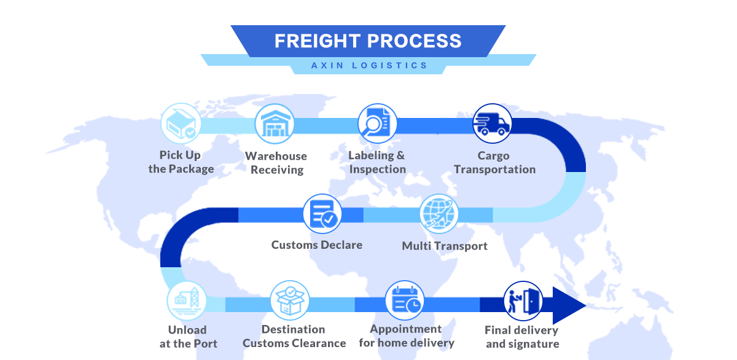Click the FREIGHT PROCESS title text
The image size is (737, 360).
[x=368, y=41]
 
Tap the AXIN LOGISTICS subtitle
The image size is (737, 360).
[x=368, y=65]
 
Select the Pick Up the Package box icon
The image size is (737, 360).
[x=181, y=123]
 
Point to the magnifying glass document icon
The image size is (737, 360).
[x=377, y=123]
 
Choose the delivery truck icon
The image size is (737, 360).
[x=492, y=123]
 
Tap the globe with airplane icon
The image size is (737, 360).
[x=439, y=214]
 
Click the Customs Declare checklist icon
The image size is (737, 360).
[x=322, y=214]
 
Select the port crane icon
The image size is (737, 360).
[x=186, y=301]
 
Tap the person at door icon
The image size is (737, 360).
[x=523, y=301]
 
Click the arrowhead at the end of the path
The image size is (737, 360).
[x=568, y=305]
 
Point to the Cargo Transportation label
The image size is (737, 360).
[x=494, y=163]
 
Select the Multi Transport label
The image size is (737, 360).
[x=445, y=246]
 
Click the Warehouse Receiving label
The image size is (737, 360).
[x=276, y=163]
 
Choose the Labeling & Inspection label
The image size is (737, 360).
[x=377, y=162]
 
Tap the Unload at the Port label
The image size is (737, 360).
[x=188, y=337]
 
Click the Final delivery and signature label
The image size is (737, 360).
[x=522, y=337]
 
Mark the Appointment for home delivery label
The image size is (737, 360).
[x=406, y=336]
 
